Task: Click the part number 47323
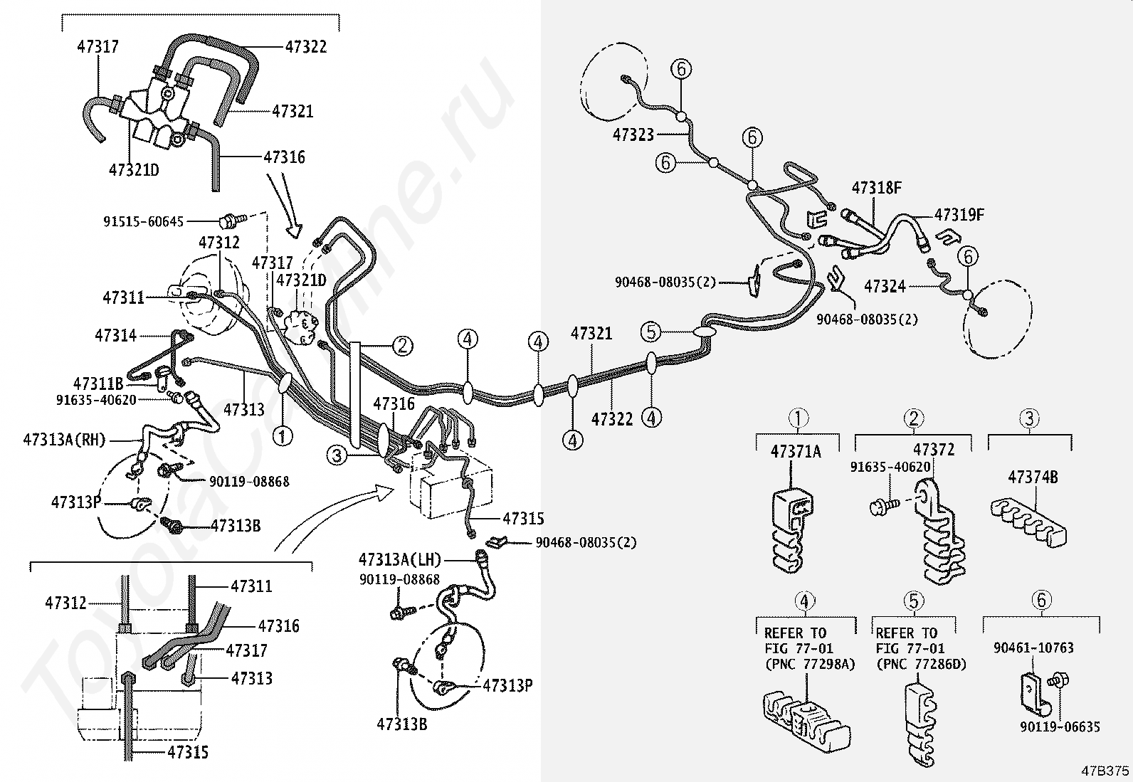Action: pos(633,134)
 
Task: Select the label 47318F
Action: pos(877,189)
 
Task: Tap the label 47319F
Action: pos(959,214)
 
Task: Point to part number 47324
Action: pos(885,286)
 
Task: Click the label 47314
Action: pos(115,334)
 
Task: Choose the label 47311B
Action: pos(98,385)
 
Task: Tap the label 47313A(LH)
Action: pos(399,559)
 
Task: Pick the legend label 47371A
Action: pos(796,451)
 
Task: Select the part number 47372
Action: pos(934,450)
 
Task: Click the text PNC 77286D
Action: pos(922,664)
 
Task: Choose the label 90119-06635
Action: pos(1060,726)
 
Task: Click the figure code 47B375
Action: pos(1105,771)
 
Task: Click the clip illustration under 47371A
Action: pos(791,527)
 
